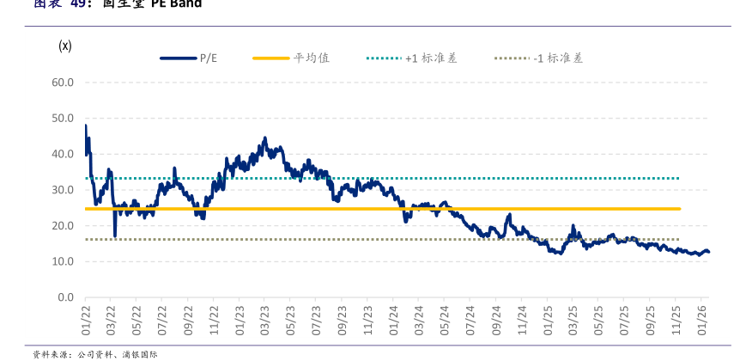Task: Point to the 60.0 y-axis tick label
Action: pos(62,83)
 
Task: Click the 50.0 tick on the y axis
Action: pos(62,119)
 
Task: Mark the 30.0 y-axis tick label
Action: pos(62,190)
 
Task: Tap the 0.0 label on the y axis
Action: pos(65,297)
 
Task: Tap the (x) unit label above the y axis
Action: pos(64,45)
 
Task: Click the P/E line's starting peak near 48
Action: pos(86,126)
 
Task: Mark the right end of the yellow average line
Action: pos(680,209)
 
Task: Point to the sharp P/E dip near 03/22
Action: pos(115,236)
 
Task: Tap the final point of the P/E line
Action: pos(709,253)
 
